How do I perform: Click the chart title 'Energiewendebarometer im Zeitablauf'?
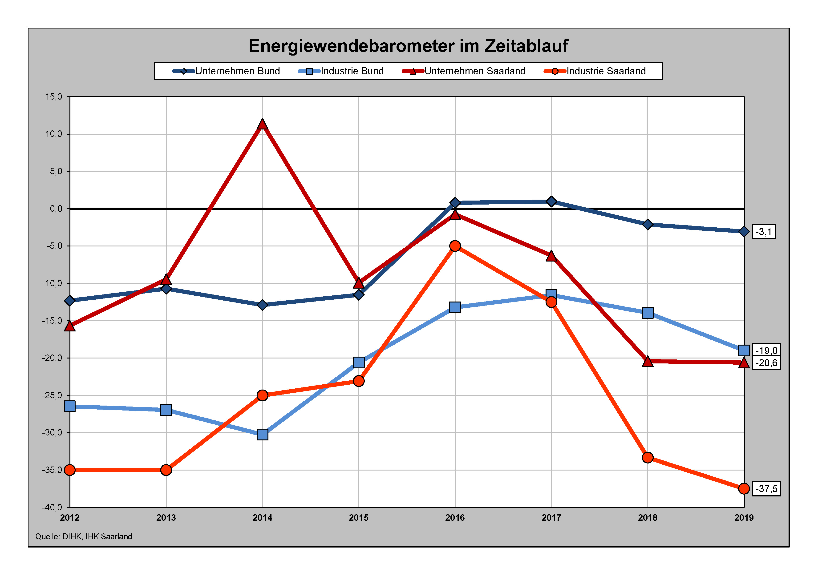408,46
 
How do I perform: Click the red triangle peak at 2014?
262,125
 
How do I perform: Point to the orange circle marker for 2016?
455,246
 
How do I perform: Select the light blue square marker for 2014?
262,434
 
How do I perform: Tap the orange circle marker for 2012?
70,470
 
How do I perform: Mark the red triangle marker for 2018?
648,361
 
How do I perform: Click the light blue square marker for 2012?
70,406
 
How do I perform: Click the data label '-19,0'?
766,350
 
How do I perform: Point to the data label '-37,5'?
766,489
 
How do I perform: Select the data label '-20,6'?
766,363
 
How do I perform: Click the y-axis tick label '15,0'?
54,97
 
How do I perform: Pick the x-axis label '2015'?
359,518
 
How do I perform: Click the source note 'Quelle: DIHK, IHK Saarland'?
83,536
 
